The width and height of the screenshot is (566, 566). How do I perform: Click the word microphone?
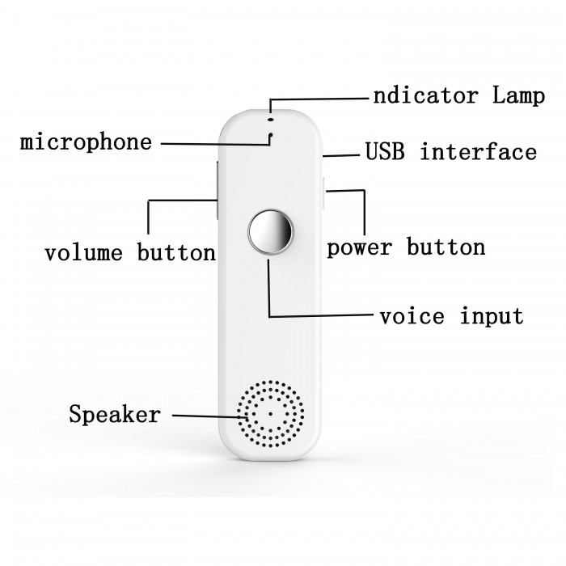point(86,141)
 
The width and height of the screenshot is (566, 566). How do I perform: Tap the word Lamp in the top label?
point(519,95)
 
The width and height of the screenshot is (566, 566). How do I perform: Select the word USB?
point(384,151)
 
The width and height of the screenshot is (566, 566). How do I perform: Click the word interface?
point(479,151)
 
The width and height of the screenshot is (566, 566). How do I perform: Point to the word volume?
point(83,252)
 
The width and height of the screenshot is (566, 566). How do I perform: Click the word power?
point(359,248)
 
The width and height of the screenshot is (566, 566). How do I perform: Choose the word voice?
point(412,316)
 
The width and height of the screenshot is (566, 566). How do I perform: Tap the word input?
point(492,317)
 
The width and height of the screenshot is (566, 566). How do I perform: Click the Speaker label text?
point(115,414)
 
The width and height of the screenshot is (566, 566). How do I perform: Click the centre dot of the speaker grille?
point(270,414)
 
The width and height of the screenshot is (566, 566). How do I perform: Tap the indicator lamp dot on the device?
point(271,119)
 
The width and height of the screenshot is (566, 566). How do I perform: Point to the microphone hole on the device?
point(270,135)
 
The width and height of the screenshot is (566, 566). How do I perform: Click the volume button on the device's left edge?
point(218,190)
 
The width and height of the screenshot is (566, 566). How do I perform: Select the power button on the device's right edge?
point(323,193)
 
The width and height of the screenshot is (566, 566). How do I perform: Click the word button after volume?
point(176,251)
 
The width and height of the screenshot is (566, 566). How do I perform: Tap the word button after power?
point(446,247)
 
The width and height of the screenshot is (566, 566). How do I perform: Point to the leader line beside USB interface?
point(341,155)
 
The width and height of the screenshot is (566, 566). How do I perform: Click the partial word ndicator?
point(425,95)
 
